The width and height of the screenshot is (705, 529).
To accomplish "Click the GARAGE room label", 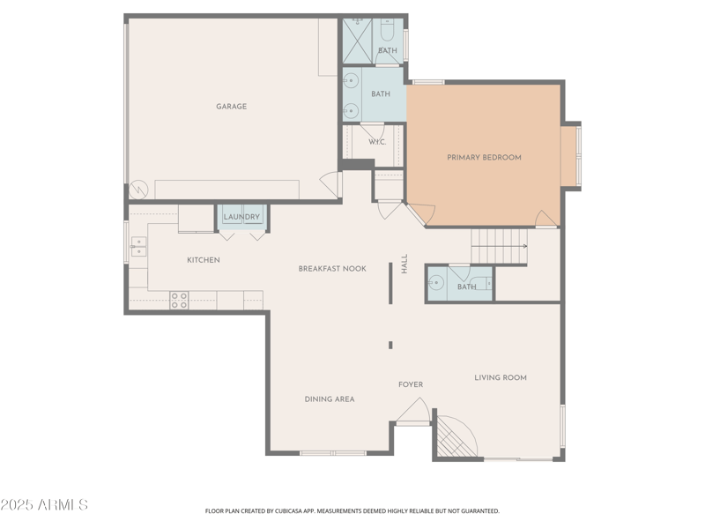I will coord(232,107).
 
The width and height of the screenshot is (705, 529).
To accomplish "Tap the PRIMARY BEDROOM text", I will coord(484,158).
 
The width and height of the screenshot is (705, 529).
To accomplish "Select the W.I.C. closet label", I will coord(376,142).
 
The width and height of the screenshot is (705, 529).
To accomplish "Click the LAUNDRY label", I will coord(241,217).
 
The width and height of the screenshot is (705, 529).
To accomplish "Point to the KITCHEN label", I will coord(204,260).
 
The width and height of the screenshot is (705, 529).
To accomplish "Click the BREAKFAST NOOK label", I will coord(331,269).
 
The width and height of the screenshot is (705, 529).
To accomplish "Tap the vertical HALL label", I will coord(404,264).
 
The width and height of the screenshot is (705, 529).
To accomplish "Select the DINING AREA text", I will coord(330,399).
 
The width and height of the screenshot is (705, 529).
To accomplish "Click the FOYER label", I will coord(411,384).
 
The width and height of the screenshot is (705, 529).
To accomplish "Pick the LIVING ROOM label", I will coord(501,377).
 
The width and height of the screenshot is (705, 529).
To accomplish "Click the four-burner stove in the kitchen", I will coord(179,300).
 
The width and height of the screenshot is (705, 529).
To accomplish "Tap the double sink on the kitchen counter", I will coord(138,246).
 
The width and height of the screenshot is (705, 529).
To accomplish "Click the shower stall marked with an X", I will coord(358,37).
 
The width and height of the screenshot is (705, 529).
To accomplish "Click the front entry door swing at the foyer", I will coord(412,412).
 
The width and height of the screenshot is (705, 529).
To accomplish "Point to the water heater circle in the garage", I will coord(137,190).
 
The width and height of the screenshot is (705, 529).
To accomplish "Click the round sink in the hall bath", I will coord(435,284).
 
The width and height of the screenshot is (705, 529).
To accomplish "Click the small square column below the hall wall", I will coord(390,345).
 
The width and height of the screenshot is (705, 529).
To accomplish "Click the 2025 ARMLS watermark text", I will coord(44,505).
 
